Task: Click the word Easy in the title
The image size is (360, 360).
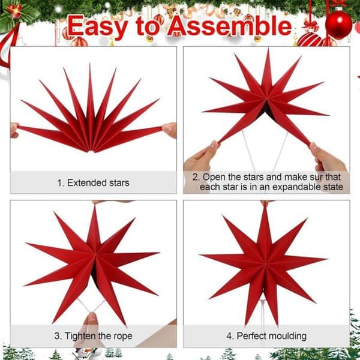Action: tap(98, 26)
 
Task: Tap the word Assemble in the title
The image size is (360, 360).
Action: tap(230, 26)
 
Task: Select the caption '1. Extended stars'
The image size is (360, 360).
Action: tap(93, 183)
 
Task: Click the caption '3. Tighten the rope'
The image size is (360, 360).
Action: tap(93, 336)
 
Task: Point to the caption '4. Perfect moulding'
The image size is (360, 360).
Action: tap(266, 336)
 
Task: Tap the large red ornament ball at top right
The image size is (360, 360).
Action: tap(338, 25)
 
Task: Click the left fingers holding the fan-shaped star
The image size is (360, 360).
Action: tap(14, 130)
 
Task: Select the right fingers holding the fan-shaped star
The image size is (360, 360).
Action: tap(170, 130)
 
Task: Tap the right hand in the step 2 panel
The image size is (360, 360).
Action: tap(327, 158)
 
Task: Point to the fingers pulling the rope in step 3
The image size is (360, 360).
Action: tap(91, 322)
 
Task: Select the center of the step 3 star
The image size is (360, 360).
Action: tap(94, 255)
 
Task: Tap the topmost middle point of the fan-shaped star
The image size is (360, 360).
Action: tap(90, 65)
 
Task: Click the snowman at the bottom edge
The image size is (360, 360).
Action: tap(86, 353)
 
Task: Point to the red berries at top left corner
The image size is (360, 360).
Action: tap(15, 10)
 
